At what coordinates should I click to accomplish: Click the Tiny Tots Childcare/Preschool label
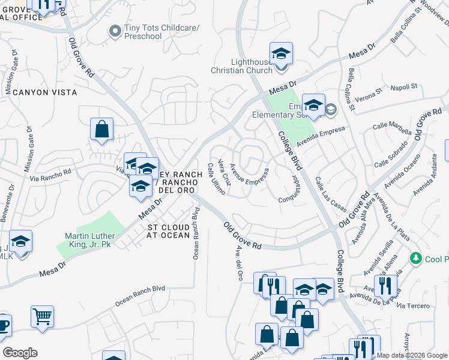tap(143, 32)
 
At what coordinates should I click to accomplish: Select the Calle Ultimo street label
tap(215, 178)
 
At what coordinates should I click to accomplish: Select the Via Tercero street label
tap(414, 306)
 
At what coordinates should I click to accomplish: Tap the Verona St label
tap(368, 95)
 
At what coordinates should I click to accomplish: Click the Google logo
tap(20, 353)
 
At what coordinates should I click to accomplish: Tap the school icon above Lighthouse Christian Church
tap(281, 53)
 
